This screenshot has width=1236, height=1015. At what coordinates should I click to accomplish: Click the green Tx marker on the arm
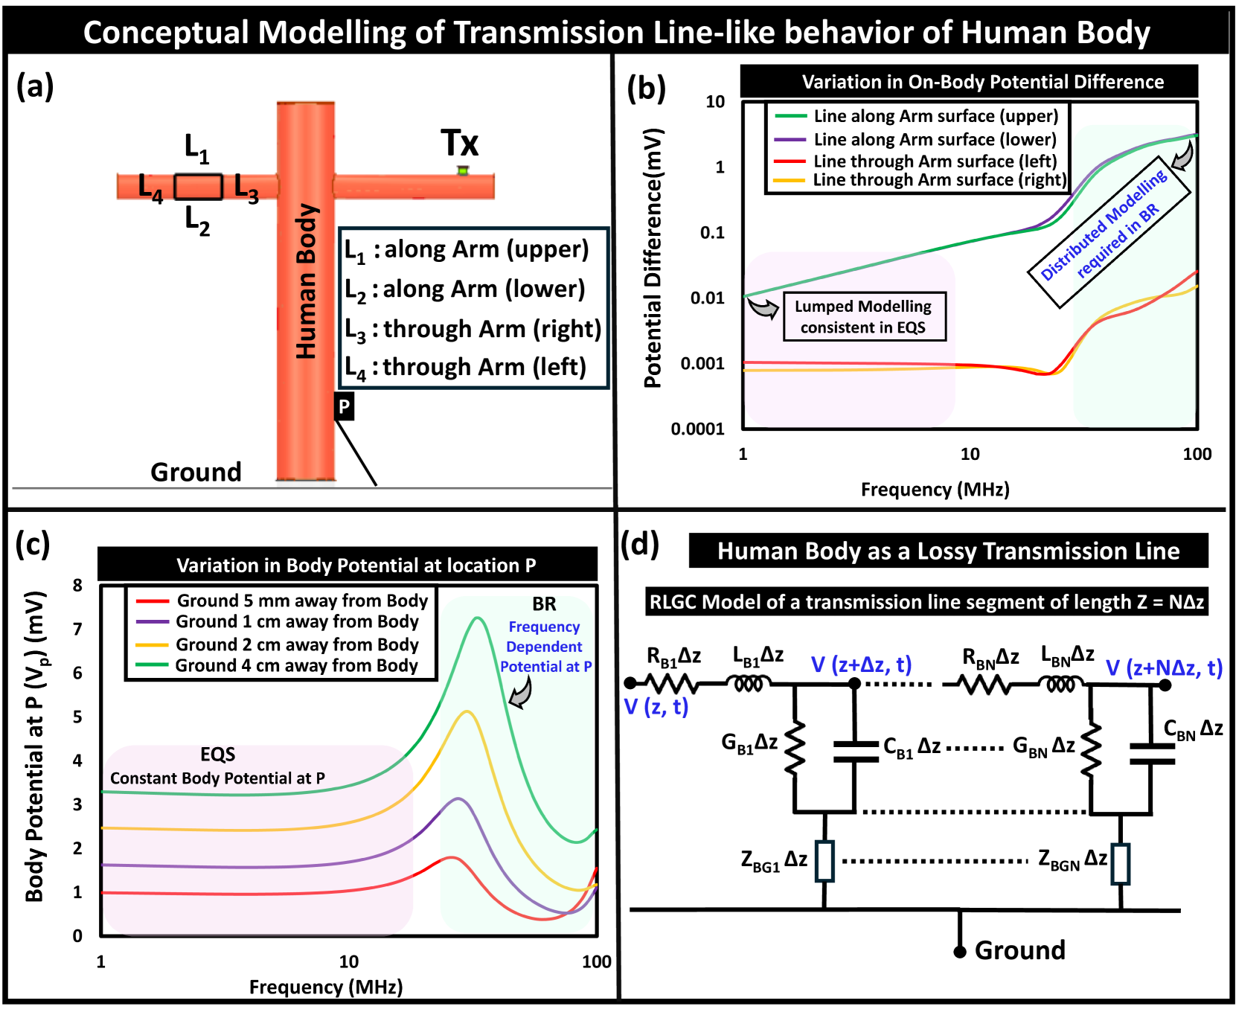tap(462, 170)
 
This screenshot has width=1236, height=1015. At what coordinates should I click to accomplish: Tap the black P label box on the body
tap(344, 406)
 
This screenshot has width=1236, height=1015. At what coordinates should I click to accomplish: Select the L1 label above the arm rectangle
tap(197, 147)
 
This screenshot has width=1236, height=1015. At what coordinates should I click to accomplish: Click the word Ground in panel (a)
tap(196, 472)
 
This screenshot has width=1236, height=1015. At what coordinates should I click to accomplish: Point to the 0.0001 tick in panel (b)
tap(697, 429)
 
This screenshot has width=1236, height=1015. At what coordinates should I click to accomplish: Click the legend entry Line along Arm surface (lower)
tap(934, 139)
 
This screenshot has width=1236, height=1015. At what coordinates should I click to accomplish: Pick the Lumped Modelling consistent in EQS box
tap(863, 316)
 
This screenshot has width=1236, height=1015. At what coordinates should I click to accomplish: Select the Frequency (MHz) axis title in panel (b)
tap(935, 489)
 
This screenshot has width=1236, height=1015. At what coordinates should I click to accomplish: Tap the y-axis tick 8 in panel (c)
tap(77, 585)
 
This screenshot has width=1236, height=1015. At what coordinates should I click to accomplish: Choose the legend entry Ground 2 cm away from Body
tap(296, 644)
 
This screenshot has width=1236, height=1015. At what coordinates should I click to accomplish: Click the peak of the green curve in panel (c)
tap(477, 618)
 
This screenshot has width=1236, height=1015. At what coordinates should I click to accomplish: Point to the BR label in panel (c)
tap(544, 603)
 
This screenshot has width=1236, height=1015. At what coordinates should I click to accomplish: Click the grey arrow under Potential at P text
tap(520, 693)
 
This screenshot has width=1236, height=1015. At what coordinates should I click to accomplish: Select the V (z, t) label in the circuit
tap(656, 706)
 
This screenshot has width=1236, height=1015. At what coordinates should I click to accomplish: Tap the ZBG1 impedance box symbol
tap(824, 861)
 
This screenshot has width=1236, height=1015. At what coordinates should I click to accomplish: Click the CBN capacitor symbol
tap(1151, 752)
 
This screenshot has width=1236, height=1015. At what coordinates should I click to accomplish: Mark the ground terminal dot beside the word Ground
tap(960, 952)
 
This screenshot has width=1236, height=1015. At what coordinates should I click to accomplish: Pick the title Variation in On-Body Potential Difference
tap(982, 82)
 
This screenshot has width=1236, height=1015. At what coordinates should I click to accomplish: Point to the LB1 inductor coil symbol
tap(749, 683)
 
